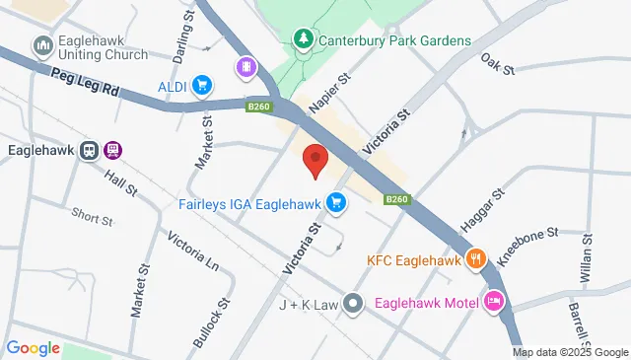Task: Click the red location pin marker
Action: tap(315, 161)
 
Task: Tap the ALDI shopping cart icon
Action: tap(202, 86)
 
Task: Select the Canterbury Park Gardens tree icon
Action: tap(304, 40)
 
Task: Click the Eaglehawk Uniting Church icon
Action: tap(42, 46)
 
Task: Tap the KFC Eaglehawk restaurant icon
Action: tap(476, 260)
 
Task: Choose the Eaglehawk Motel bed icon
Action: tap(494, 302)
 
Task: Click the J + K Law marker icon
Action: tap(356, 304)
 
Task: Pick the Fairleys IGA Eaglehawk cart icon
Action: tap(337, 203)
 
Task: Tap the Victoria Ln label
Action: tap(192, 252)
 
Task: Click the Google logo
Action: tap(33, 347)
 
